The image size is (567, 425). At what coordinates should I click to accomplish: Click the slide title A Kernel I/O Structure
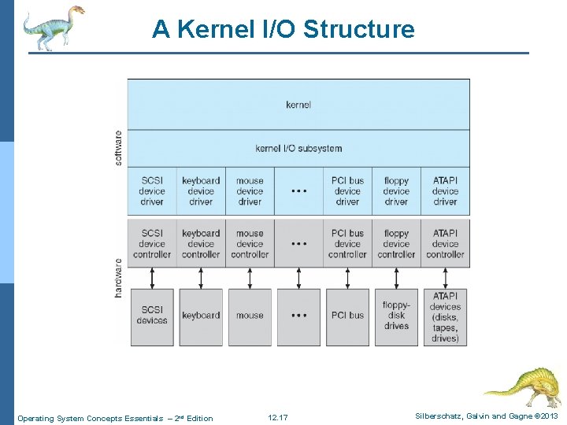coord(283,29)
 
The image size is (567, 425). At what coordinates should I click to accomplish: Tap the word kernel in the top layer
coord(298,104)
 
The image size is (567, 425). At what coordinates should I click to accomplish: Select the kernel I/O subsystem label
coord(298,148)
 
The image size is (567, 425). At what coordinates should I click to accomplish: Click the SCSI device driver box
coord(152,191)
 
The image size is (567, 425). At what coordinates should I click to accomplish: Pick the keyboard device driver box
coord(201,191)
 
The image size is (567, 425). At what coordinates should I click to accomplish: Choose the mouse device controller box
coord(250,244)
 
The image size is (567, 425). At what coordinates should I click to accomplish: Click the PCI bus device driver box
coord(347,191)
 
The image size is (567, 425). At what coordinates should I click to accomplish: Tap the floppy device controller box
coord(396,244)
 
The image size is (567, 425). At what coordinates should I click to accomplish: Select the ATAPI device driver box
coord(445,191)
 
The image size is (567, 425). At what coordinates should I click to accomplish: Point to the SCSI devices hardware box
coord(152,316)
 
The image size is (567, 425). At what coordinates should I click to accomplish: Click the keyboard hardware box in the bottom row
coord(201,316)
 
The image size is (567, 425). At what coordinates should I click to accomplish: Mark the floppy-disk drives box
coord(396,316)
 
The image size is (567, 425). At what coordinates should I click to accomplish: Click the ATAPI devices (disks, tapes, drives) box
coord(445,316)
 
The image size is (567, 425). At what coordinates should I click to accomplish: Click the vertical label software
coord(119,147)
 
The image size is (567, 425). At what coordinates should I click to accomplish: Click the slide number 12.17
coord(278,418)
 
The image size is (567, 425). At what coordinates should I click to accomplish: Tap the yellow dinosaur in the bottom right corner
coord(523,386)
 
